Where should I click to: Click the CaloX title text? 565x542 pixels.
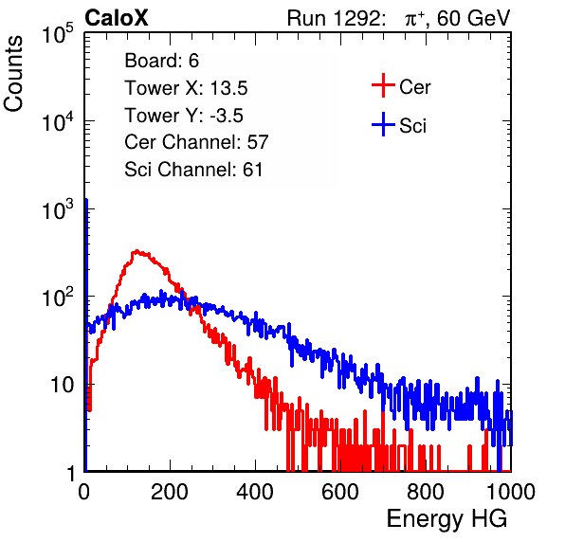[x=116, y=18]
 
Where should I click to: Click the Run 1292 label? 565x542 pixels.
[x=334, y=18]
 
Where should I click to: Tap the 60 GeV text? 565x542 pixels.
[x=473, y=18]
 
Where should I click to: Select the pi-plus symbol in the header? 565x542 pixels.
[x=414, y=19]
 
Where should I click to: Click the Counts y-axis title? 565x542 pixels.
[x=13, y=73]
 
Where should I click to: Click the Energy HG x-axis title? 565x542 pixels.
[x=447, y=519]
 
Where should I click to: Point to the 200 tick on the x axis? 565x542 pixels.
[x=170, y=492]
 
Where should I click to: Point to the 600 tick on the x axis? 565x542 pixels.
[x=340, y=492]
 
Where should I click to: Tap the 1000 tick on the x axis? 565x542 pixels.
[x=511, y=492]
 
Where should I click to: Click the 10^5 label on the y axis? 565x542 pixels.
[x=58, y=33]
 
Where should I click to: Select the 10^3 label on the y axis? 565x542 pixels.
[x=58, y=209]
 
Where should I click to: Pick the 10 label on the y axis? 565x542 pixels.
[x=63, y=385]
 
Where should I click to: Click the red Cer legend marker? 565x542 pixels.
[x=383, y=85]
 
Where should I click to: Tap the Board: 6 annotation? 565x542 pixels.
[x=162, y=61]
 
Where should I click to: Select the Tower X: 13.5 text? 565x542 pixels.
[x=186, y=88]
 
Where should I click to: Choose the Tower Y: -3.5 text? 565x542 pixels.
[x=184, y=116]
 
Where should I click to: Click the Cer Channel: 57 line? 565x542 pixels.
[x=196, y=142]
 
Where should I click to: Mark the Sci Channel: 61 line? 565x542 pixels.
[x=193, y=170]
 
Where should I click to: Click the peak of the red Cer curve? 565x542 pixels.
[x=137, y=251]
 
